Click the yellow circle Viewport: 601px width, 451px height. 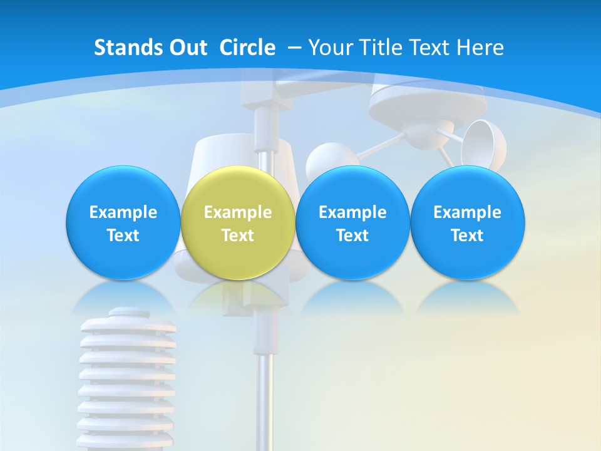point(238,222)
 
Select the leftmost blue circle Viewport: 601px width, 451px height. point(123,222)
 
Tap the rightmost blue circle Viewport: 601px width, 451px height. point(467,222)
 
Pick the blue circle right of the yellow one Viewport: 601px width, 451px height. point(352,222)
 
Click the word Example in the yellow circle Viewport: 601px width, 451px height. point(238,212)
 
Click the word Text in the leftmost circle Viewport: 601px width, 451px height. point(123,236)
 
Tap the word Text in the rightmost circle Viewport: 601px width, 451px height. point(467,236)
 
